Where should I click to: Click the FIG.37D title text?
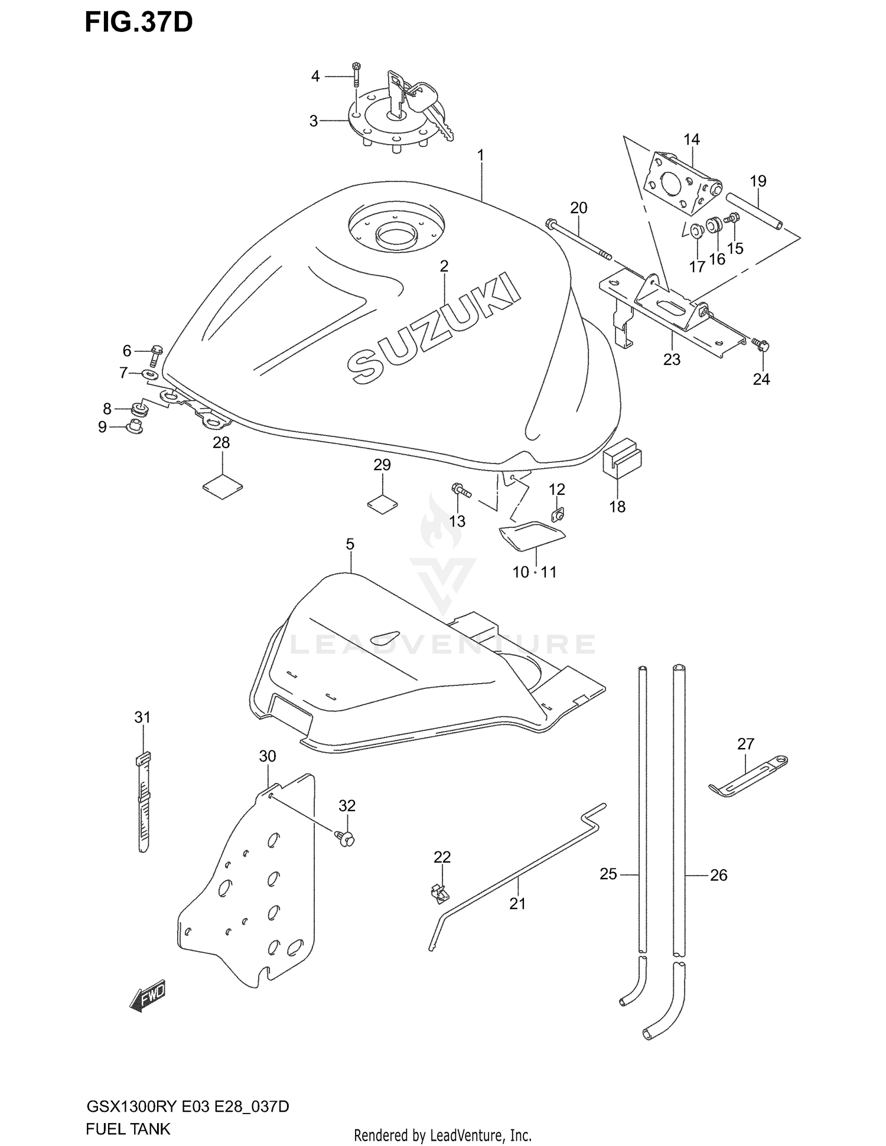pos(139,22)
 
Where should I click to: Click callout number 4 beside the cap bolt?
pos(315,76)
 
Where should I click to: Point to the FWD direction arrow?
pos(147,998)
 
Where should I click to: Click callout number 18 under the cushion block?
pos(617,507)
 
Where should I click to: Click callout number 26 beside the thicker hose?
pos(718,874)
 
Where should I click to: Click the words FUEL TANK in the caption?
pos(128,1129)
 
